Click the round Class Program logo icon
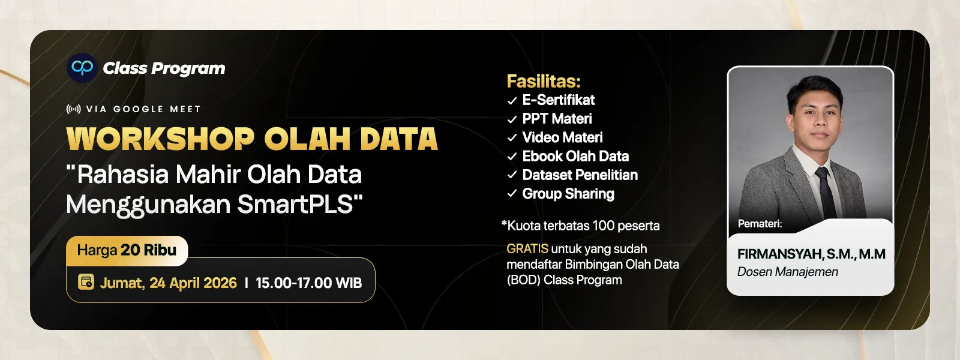click(82, 68)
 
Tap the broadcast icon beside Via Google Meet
click(74, 109)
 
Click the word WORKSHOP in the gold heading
click(161, 139)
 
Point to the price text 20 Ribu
click(148, 250)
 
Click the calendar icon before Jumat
click(86, 282)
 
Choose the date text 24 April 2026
click(193, 283)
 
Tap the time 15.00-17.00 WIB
click(308, 283)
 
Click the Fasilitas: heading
click(544, 81)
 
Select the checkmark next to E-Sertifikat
click(512, 101)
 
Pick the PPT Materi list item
click(557, 119)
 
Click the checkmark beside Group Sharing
click(512, 194)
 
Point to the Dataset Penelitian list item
click(580, 175)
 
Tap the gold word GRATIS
click(527, 248)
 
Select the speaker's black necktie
click(826, 191)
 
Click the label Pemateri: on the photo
click(760, 224)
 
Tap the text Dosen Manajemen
click(788, 272)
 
